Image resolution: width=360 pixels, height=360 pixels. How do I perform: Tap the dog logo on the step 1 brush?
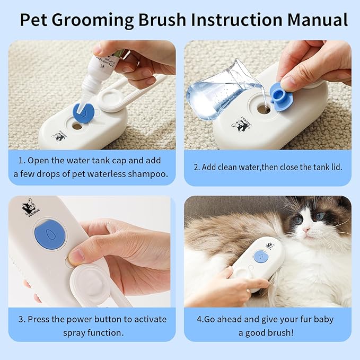pyautogui.click(x=58, y=136)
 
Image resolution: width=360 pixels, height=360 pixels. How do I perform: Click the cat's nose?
pyautogui.click(x=307, y=229)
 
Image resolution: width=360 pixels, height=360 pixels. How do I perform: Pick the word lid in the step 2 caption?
pyautogui.click(x=335, y=167)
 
